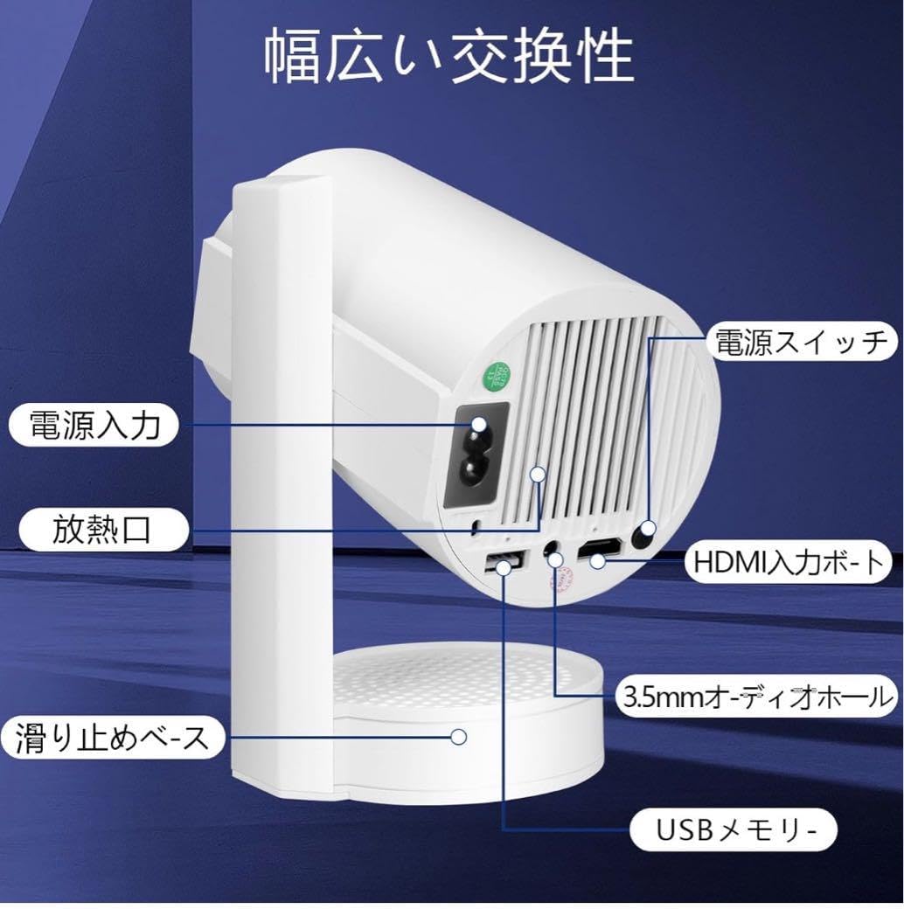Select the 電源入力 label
coord(94,425)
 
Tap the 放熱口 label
coord(101,529)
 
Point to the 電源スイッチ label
coord(801,342)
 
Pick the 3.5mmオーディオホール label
coord(755,697)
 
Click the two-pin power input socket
coord(477,454)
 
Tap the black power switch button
coord(647,530)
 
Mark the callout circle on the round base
coord(457,737)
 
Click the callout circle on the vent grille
coord(538,475)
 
